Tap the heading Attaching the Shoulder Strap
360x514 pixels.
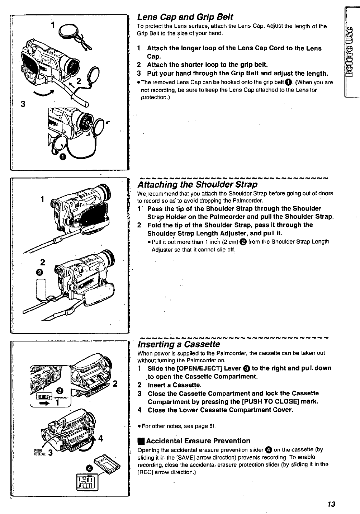click(198, 185)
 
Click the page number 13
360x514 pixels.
click(331, 504)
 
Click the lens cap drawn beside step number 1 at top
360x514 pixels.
click(69, 30)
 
